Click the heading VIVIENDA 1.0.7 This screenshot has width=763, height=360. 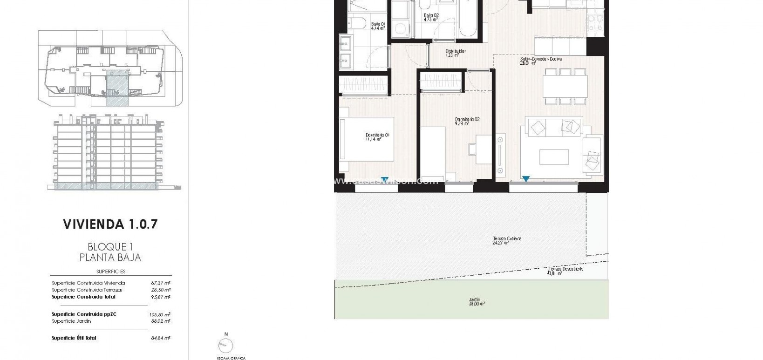tap(110, 224)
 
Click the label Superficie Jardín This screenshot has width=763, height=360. tap(71, 321)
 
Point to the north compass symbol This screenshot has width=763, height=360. tap(226, 345)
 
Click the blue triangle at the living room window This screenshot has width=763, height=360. tap(525, 178)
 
